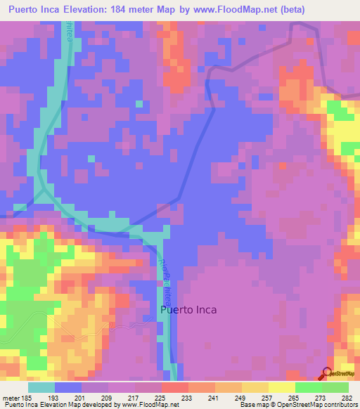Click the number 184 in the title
[141, 10]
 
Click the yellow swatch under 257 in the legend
[255, 388]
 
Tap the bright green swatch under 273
[309, 388]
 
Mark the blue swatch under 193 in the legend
[68, 388]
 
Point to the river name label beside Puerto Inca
[166, 274]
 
